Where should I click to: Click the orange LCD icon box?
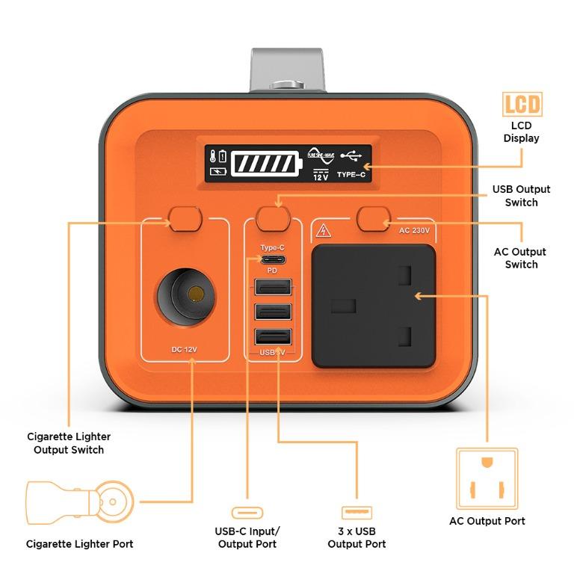(522, 105)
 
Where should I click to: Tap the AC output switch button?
(374, 218)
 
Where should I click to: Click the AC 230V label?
(414, 231)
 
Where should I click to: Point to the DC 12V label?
(185, 349)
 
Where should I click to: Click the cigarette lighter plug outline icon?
(80, 502)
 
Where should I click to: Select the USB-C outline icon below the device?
(247, 513)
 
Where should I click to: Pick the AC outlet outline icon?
(487, 478)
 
